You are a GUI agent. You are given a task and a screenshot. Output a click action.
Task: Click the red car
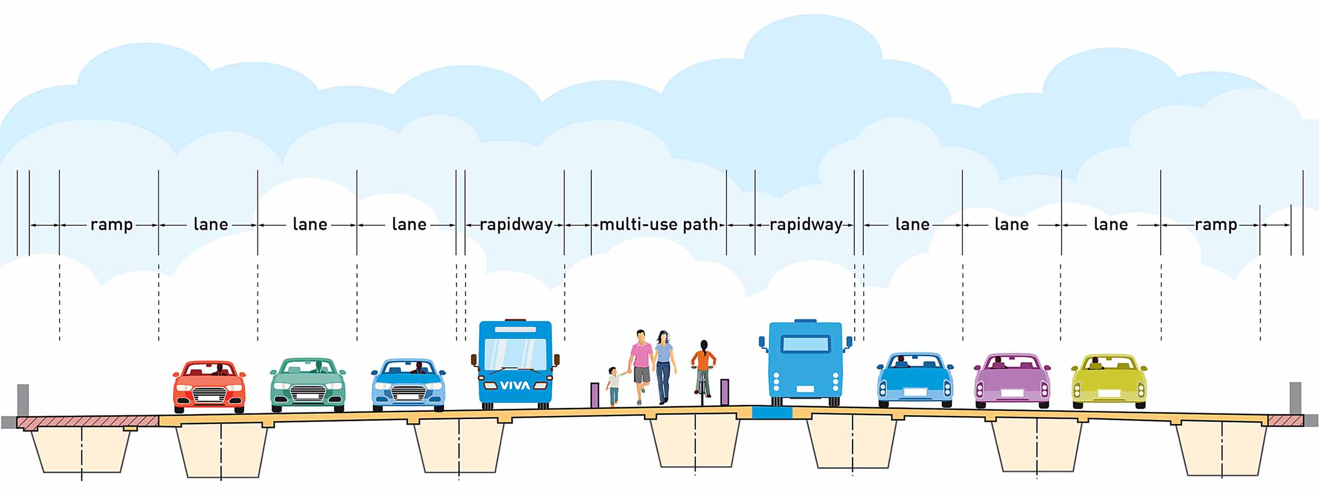point(209,387)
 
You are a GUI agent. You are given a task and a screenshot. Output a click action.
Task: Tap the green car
point(308,385)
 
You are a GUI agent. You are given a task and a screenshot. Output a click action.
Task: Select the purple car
point(1011,381)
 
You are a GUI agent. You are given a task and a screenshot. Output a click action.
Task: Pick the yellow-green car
point(1109,381)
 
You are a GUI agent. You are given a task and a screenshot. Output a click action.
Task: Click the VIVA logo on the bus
point(514,386)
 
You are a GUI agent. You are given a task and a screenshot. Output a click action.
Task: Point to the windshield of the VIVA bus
point(515,354)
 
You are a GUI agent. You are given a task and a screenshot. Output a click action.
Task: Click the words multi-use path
point(659,225)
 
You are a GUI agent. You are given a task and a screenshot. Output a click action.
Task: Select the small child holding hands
point(613,386)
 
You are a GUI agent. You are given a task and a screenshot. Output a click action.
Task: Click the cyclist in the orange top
point(703,369)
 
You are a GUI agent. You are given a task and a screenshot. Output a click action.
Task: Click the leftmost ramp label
point(111,225)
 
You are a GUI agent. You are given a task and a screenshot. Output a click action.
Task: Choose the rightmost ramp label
point(1216,225)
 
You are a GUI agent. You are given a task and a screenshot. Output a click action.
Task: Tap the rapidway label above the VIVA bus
point(516,225)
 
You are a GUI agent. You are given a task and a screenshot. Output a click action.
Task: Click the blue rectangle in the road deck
point(771,412)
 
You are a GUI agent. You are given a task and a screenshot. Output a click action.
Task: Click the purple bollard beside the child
point(595,395)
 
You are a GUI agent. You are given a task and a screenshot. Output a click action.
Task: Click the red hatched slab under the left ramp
point(88,422)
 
